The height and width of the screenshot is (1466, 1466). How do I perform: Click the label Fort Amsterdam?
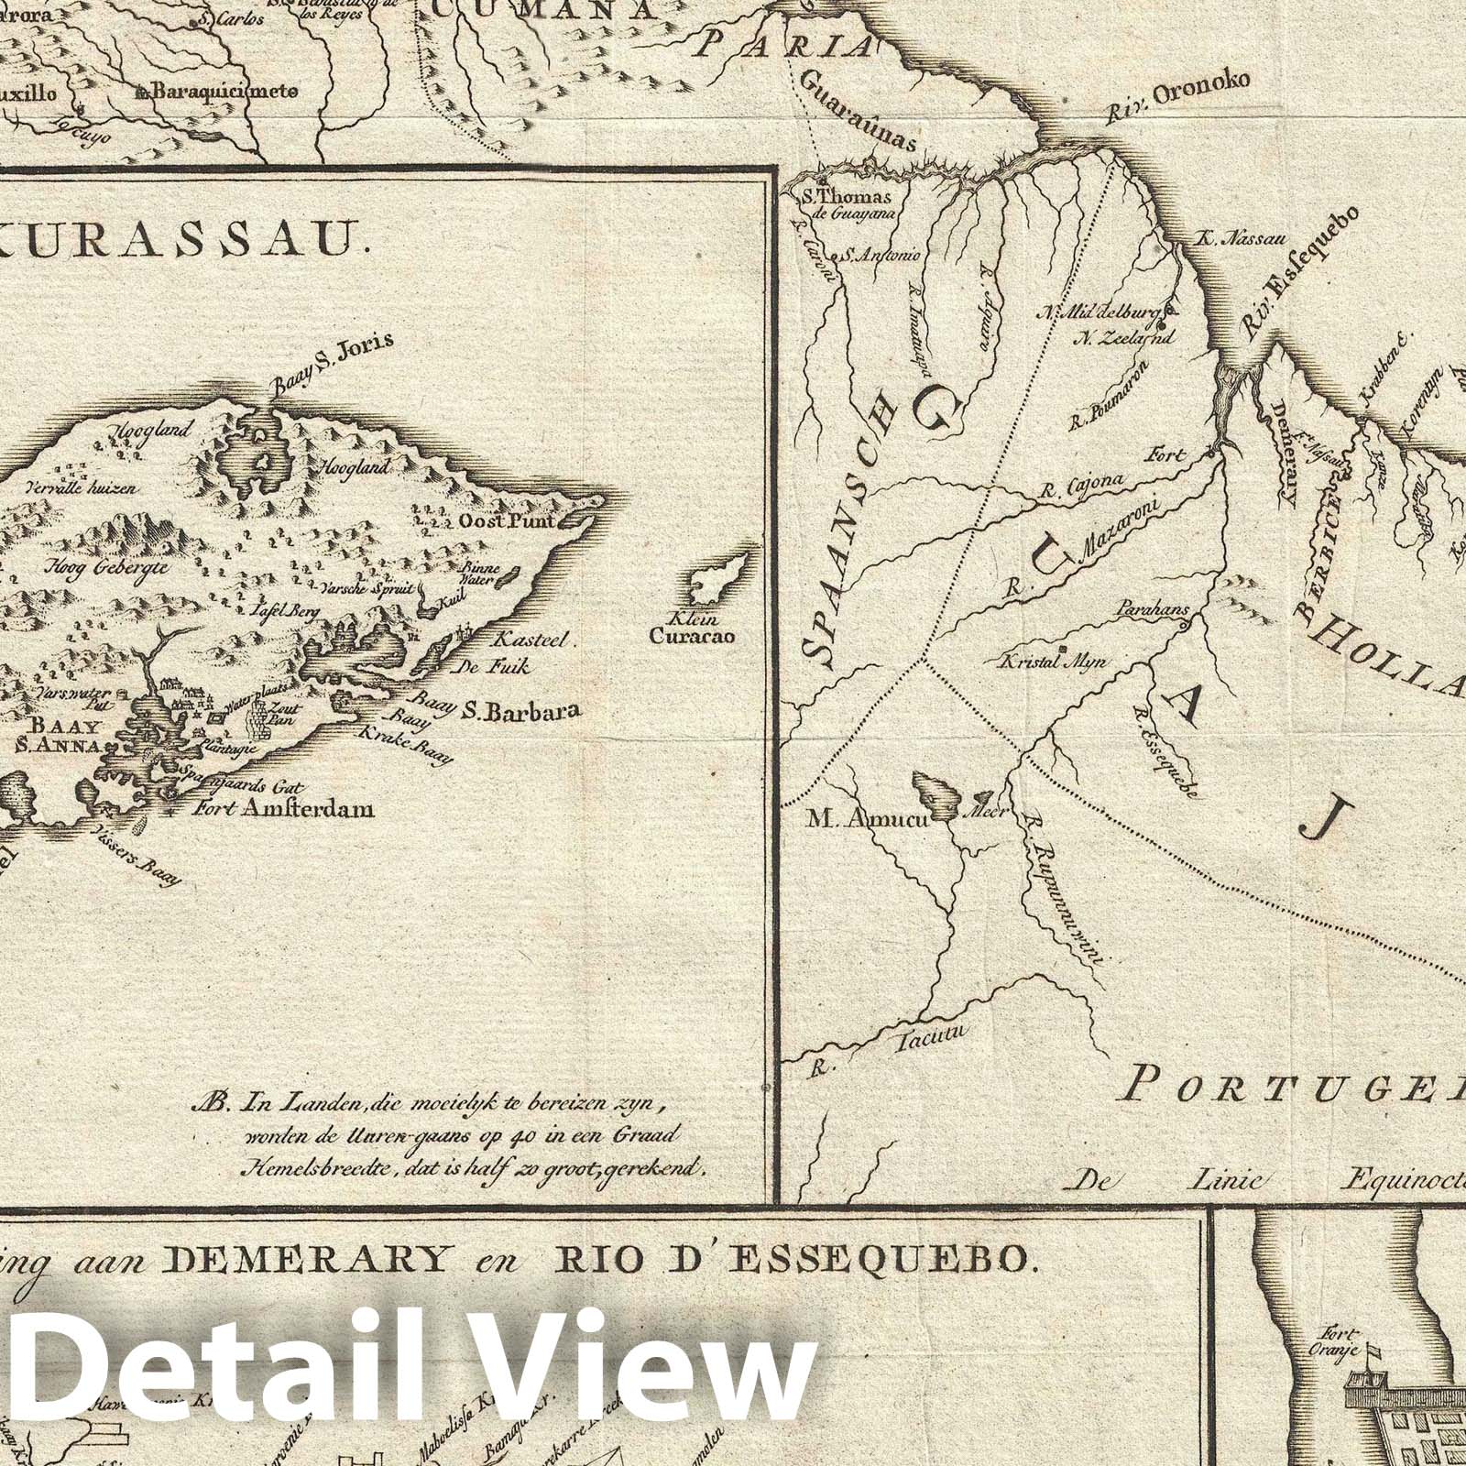point(271,809)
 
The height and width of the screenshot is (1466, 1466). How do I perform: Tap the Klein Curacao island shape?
point(725,576)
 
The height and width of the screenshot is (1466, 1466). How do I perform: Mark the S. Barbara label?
point(523,710)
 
